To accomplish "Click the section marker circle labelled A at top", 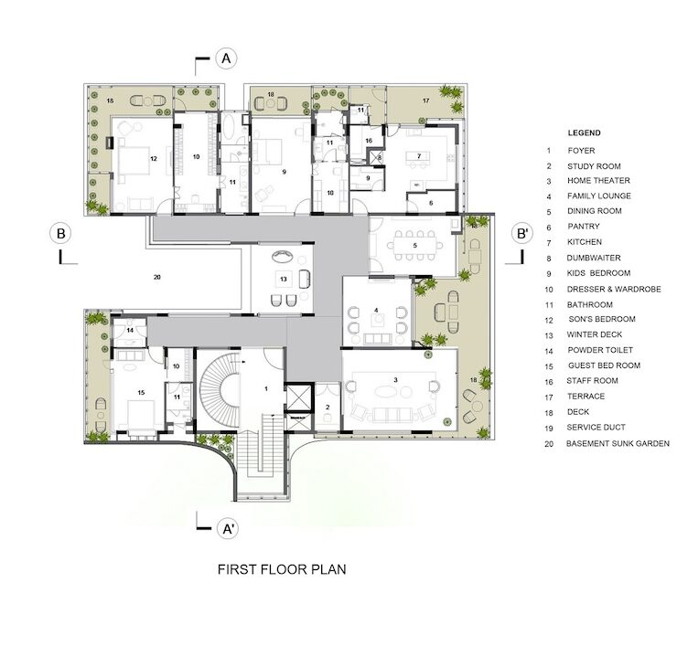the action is pyautogui.click(x=226, y=58).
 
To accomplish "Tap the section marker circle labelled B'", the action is pyautogui.click(x=522, y=233).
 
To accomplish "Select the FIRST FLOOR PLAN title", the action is pyautogui.click(x=282, y=569).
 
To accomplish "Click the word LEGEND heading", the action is pyautogui.click(x=584, y=132).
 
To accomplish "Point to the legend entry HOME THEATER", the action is pyautogui.click(x=598, y=180).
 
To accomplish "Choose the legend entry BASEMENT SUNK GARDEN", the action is pyautogui.click(x=618, y=443).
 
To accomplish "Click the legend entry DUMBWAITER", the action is pyautogui.click(x=594, y=258).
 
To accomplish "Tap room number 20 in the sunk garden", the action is pyautogui.click(x=156, y=277).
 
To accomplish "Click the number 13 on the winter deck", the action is pyautogui.click(x=284, y=279).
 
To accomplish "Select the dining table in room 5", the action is pyautogui.click(x=415, y=246).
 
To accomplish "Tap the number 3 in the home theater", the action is pyautogui.click(x=395, y=380).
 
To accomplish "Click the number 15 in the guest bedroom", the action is pyautogui.click(x=141, y=392).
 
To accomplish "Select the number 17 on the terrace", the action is pyautogui.click(x=426, y=101).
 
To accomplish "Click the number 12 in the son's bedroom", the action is pyautogui.click(x=154, y=158).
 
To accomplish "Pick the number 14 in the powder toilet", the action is pyautogui.click(x=130, y=330).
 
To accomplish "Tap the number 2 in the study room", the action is pyautogui.click(x=328, y=407).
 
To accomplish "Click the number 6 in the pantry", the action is pyautogui.click(x=431, y=203).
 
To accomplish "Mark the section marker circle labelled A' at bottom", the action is pyautogui.click(x=228, y=528).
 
